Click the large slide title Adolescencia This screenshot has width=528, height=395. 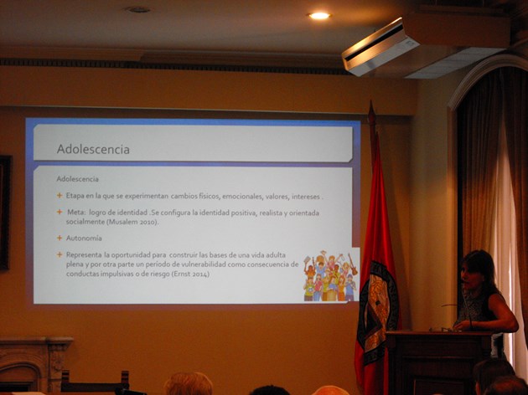coord(93,149)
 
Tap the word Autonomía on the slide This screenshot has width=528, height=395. coord(84,238)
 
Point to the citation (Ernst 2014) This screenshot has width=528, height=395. coord(190,274)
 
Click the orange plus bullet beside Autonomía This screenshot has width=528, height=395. coord(60,238)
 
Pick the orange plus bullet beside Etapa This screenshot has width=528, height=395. coord(60,195)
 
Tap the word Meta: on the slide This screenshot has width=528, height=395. coord(77,213)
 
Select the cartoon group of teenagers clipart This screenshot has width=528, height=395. coord(330,276)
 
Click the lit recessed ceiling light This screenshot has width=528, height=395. coord(319,16)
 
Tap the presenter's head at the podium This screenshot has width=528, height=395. coord(475,269)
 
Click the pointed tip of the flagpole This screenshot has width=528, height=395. coord(371,102)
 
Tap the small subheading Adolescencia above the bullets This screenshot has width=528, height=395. coord(77,179)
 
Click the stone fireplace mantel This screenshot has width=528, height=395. coord(35,342)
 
